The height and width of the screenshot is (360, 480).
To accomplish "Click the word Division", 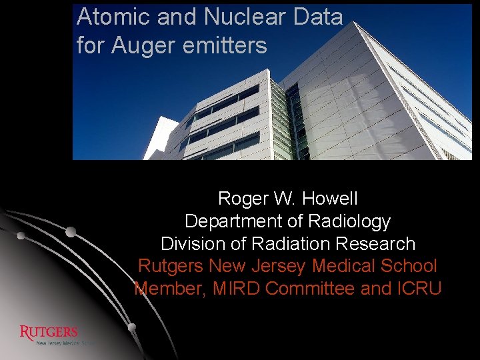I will click(x=192, y=244).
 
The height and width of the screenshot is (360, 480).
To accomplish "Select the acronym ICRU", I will click(x=419, y=289).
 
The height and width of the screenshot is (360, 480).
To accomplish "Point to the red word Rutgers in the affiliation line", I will click(x=171, y=266).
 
